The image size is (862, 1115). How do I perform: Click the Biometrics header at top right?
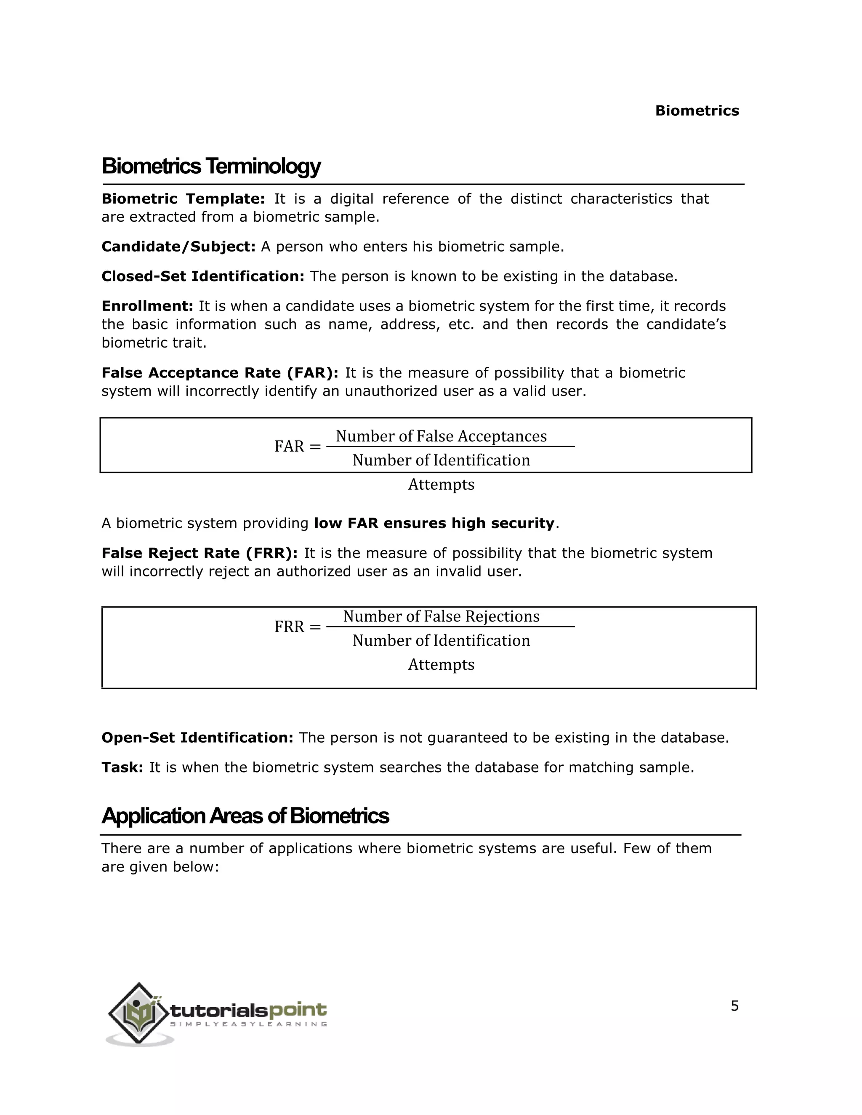tap(697, 111)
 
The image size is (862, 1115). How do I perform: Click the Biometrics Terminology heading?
tap(211, 167)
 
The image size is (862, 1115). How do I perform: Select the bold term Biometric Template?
tap(183, 199)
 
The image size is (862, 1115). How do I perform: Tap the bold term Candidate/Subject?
tap(178, 247)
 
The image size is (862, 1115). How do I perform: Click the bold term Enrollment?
tap(147, 306)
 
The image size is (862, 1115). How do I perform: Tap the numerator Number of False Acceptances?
tap(441, 436)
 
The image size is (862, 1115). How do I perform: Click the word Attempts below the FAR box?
tap(441, 484)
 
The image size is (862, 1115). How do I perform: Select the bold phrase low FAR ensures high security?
tap(434, 523)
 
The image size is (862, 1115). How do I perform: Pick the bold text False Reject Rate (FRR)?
tap(199, 553)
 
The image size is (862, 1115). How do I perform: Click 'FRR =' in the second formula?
tap(297, 627)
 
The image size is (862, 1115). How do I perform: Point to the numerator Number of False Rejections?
tap(441, 616)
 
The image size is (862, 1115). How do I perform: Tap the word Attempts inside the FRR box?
tap(441, 664)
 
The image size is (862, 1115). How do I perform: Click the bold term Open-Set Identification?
tap(197, 738)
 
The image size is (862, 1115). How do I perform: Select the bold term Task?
tap(122, 767)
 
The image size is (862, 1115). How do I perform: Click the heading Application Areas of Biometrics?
tap(245, 816)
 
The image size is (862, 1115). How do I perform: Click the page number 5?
tap(734, 1006)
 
